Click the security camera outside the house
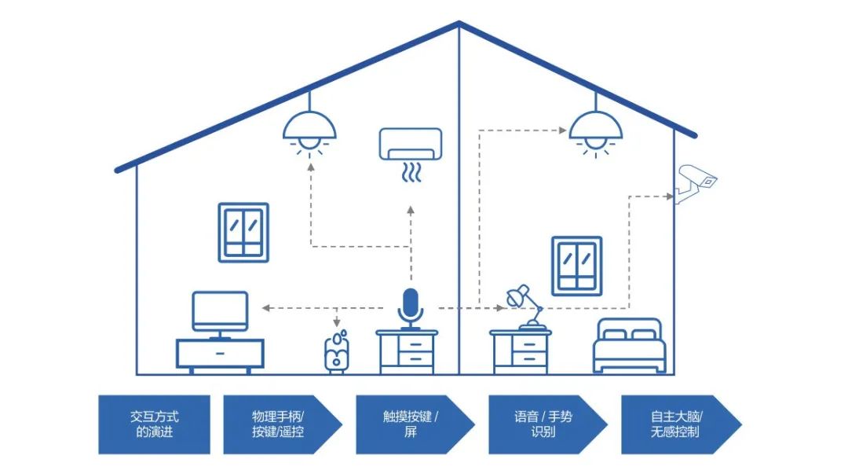[696, 182]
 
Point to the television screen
[220, 310]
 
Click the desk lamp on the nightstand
[525, 307]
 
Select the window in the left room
[243, 232]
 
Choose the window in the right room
[576, 266]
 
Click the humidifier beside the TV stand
[337, 352]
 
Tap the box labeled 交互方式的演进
[154, 424]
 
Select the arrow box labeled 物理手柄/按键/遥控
[280, 424]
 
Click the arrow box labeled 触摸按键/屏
[411, 424]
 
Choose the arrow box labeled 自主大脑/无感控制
[676, 424]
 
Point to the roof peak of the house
[459, 25]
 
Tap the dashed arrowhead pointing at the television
[265, 307]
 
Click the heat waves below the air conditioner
[411, 172]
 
